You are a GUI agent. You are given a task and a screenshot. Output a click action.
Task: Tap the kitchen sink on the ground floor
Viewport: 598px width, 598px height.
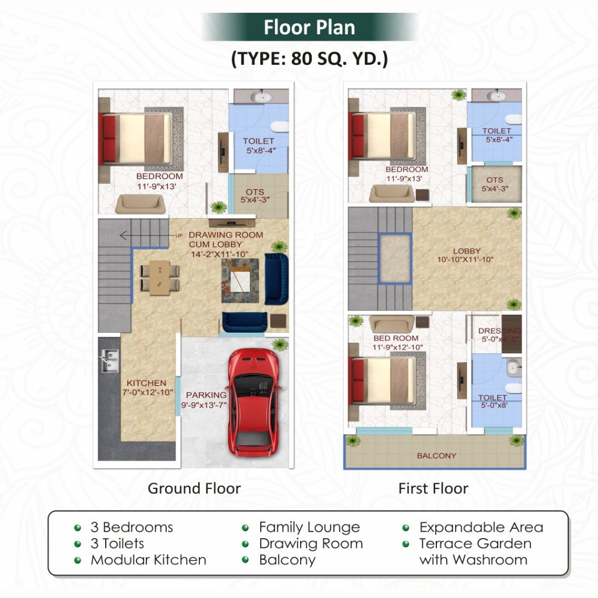point(109,360)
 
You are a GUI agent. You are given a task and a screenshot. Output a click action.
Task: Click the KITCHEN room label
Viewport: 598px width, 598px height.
point(146,383)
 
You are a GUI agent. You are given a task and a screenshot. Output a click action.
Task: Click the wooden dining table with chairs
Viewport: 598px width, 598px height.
point(159,277)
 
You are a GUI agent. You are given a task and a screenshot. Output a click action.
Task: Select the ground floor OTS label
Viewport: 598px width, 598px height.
point(255,192)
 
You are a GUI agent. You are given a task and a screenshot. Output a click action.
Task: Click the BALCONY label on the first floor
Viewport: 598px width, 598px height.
point(436,456)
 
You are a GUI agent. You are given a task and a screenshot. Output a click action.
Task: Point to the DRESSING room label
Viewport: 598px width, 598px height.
point(499,331)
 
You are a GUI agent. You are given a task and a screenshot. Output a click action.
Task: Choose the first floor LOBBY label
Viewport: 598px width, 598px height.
point(466,251)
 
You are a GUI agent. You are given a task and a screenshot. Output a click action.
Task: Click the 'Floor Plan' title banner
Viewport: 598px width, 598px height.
point(309,27)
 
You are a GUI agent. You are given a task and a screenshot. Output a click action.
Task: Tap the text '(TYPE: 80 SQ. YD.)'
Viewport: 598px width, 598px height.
point(309,59)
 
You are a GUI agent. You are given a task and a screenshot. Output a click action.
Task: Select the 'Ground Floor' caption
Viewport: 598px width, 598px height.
point(194,488)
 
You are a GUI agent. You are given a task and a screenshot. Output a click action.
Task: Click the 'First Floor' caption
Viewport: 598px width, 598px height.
point(433,488)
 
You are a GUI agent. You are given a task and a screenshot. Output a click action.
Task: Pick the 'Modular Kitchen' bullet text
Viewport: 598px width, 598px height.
point(148,560)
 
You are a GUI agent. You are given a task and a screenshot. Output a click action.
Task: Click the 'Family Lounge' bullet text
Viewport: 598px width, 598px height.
point(309,528)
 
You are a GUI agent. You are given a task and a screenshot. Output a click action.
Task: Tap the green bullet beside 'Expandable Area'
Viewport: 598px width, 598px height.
point(406,528)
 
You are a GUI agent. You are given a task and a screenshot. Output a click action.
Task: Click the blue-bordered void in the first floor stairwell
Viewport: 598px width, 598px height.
point(395,259)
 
